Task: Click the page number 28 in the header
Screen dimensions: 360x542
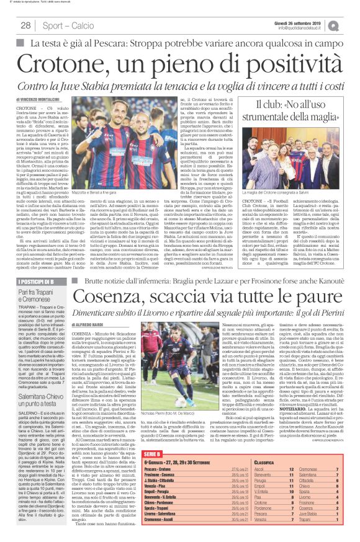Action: pyautogui.click(x=25, y=25)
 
